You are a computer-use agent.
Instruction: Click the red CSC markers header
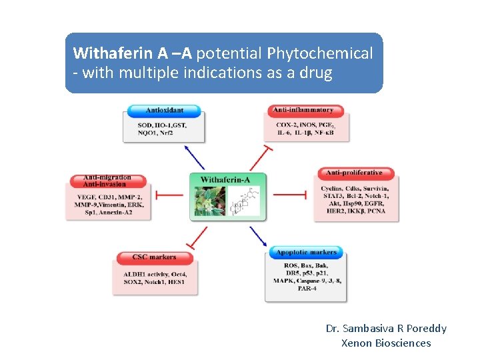155,257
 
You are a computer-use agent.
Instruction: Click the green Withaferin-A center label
225,179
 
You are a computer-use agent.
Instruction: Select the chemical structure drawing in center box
244,201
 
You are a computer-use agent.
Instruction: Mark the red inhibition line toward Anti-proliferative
290,195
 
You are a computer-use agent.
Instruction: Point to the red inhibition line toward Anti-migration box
169,195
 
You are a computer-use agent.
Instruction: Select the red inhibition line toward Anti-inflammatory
259,158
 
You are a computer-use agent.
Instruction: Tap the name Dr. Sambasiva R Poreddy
386,328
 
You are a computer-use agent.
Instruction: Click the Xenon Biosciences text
386,343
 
